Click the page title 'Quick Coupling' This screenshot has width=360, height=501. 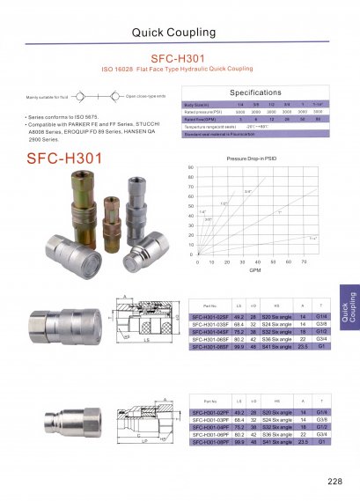pos(179,33)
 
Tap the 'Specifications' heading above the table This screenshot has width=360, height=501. pos(254,92)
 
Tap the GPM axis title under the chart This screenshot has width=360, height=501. pos(254,271)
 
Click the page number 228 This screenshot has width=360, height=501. pos(334,481)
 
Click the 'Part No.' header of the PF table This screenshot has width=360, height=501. pos(209,399)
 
